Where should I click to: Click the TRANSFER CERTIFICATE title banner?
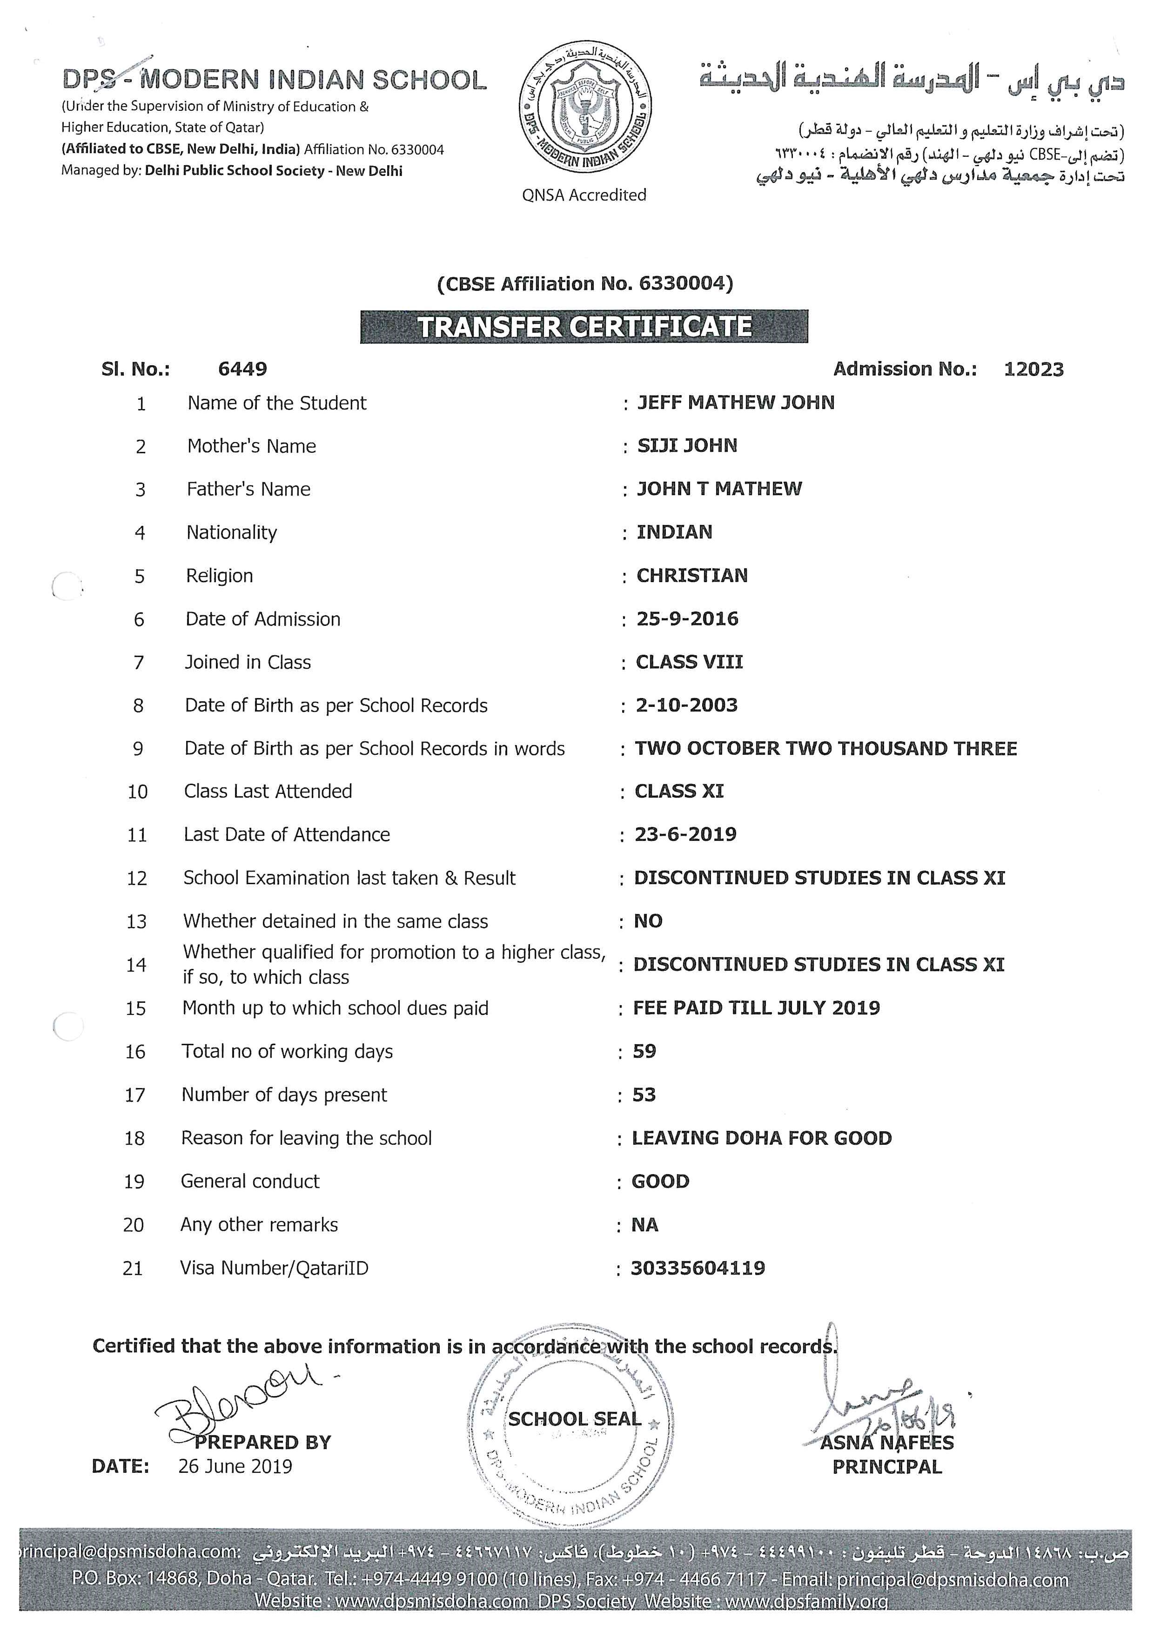(584, 327)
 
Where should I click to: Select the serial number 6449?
(242, 369)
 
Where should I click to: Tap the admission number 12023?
(1033, 369)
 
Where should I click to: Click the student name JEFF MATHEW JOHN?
(736, 403)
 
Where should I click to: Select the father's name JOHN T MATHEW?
(718, 489)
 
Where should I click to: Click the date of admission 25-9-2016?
(687, 618)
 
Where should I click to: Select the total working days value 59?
(644, 1051)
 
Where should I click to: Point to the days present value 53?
(644, 1094)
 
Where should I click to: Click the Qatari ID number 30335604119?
(698, 1268)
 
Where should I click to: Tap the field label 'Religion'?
(220, 576)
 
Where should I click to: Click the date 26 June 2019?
(235, 1466)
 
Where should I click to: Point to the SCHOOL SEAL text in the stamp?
(574, 1419)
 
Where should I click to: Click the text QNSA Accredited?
(584, 195)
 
